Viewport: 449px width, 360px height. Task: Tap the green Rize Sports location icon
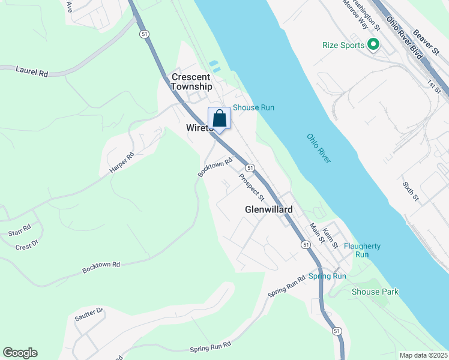[373, 44]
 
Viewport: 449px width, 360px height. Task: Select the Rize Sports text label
[343, 45]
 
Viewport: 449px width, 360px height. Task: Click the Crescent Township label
[191, 82]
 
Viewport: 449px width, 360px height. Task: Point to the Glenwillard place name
[269, 209]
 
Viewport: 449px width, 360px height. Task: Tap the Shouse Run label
[253, 107]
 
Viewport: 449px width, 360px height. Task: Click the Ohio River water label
[319, 148]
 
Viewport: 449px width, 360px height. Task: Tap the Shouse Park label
[375, 292]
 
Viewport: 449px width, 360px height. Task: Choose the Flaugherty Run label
[362, 250]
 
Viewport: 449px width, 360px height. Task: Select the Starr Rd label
[19, 230]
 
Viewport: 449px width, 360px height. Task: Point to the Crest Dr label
[26, 245]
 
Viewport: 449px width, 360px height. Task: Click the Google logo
[20, 353]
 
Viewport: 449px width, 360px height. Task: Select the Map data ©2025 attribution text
[423, 355]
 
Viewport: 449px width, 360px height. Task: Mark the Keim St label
[330, 235]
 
